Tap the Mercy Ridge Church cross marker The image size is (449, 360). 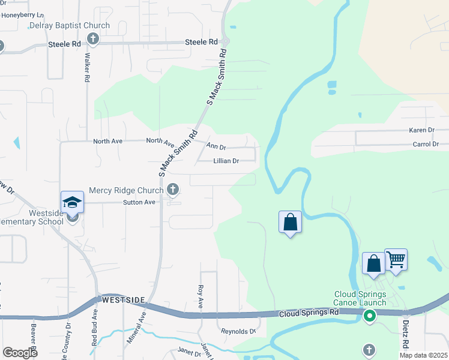coord(173,190)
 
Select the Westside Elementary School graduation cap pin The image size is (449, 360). coord(72,202)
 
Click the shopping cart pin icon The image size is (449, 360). coord(396,260)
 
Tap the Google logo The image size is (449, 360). coord(20,353)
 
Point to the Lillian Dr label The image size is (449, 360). coord(226,161)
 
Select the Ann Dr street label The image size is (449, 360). coord(216,146)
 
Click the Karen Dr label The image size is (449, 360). coord(421,130)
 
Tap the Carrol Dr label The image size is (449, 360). coord(426,145)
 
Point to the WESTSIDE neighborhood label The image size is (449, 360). coord(124,299)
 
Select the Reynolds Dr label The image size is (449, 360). coord(238,331)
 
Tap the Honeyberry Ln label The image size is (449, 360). coord(23,14)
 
